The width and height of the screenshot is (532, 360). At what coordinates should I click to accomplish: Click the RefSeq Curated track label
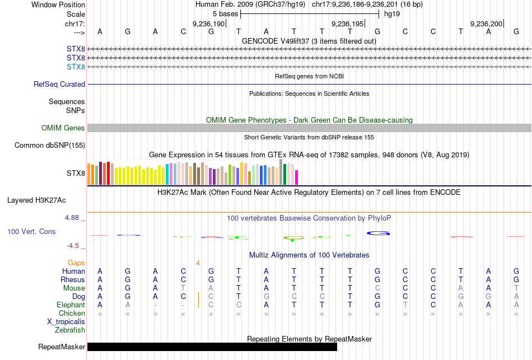click(x=59, y=85)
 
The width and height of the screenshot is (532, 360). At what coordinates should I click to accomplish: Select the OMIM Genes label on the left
click(x=63, y=128)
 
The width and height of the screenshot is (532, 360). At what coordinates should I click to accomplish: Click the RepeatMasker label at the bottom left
click(x=62, y=347)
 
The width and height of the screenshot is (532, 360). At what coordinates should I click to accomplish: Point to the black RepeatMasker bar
click(x=212, y=347)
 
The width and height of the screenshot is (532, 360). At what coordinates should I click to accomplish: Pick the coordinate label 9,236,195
click(x=348, y=24)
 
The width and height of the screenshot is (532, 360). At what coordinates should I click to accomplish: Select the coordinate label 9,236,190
click(x=208, y=24)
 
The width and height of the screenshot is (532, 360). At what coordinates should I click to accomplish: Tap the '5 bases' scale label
click(x=225, y=13)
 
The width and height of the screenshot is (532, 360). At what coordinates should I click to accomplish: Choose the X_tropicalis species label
click(x=66, y=322)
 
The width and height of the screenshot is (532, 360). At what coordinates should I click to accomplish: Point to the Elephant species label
click(x=71, y=305)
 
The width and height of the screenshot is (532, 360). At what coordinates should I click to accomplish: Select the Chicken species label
click(x=72, y=314)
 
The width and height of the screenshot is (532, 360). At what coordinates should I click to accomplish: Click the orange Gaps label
click(x=76, y=263)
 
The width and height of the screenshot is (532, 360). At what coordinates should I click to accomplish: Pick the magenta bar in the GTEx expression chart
click(x=297, y=177)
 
